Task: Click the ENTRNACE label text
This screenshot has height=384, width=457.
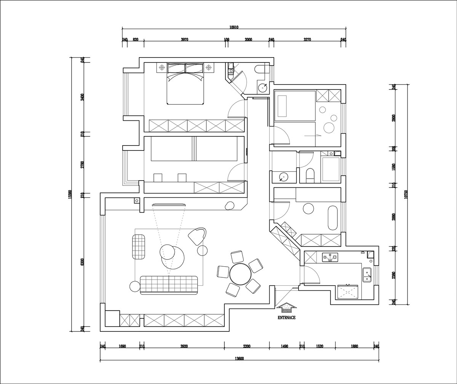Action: [x=287, y=317]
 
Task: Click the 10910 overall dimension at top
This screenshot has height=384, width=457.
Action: [x=234, y=27]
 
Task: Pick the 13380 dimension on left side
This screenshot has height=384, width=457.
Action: [x=70, y=194]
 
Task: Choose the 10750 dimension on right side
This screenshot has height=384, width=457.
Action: [x=406, y=194]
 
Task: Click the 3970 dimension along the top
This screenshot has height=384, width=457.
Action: [x=184, y=40]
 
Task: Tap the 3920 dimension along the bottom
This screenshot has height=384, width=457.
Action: [x=184, y=346]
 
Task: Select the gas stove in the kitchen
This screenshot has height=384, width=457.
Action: [x=330, y=257]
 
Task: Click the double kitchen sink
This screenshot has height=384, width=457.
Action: [x=367, y=275]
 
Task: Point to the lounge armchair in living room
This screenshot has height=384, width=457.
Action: [x=197, y=237]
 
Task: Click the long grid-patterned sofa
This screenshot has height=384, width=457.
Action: [x=169, y=285]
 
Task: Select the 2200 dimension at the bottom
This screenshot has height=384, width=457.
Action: [x=246, y=346]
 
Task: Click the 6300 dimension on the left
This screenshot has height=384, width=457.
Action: [x=82, y=262]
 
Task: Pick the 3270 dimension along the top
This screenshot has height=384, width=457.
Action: [x=307, y=40]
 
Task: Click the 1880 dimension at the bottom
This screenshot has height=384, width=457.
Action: [x=354, y=346]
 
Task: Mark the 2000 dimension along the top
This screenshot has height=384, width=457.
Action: [x=248, y=40]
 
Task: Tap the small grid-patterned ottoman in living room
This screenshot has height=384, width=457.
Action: [x=139, y=247]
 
